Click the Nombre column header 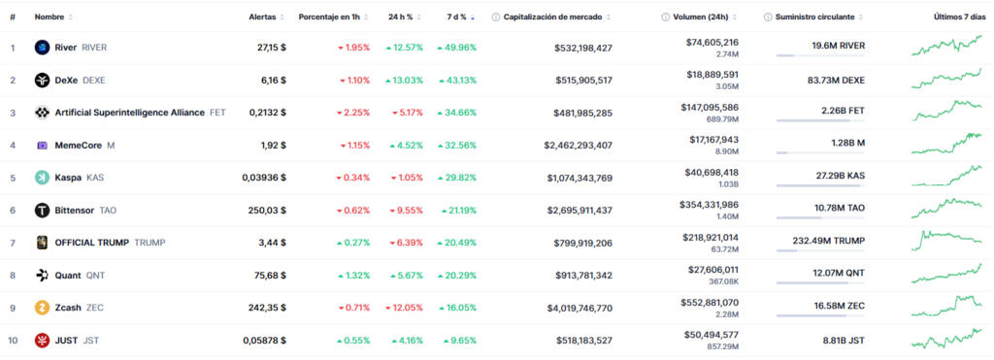pos(50,17)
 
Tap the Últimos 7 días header pos(958,17)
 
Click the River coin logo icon pos(43,48)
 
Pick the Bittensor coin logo pos(43,210)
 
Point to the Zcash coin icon pos(43,308)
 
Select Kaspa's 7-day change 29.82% pos(456,178)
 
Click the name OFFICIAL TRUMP pos(92,243)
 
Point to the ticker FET pos(217,113)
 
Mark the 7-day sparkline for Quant pos(946,275)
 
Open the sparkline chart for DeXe pos(946,80)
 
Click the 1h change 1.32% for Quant pos(353,276)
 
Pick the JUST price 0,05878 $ pos(264,341)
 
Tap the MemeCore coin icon pos(43,146)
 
